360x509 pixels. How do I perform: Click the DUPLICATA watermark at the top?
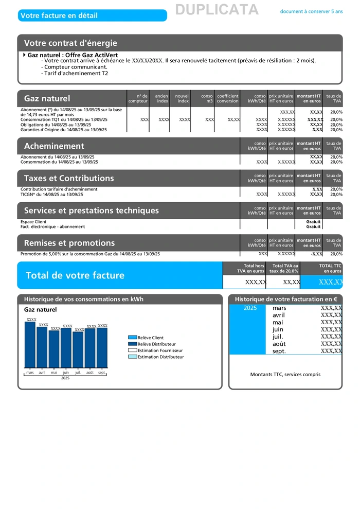coord(217,10)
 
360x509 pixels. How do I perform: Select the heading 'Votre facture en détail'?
coord(59,15)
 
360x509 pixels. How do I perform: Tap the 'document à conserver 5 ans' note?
coord(311,11)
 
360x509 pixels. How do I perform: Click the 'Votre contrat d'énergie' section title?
coord(70,43)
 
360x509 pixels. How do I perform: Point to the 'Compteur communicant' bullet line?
coord(76,67)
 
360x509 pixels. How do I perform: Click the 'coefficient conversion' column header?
coord(227,98)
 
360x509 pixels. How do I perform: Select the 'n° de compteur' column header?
coord(138,98)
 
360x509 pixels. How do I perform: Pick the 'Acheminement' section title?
coord(54,146)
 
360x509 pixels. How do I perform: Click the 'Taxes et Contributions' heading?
coord(69,179)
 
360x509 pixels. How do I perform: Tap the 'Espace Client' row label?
coord(33,222)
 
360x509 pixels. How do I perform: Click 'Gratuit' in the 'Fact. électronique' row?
coord(313,227)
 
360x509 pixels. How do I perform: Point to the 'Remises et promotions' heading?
coord(69,243)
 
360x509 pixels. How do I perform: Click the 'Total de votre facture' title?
coord(75,275)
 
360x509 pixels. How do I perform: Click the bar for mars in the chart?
coord(30,345)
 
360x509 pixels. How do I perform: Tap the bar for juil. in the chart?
coord(78,350)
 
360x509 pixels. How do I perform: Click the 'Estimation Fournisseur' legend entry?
coord(159,350)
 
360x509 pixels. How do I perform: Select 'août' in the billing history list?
coord(279,344)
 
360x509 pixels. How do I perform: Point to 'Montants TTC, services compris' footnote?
coord(285,375)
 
